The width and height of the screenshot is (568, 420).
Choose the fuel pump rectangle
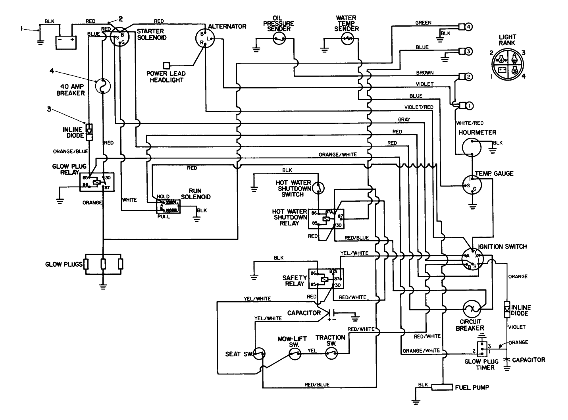pos(443,387)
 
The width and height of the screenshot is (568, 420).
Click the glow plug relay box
pos(97,182)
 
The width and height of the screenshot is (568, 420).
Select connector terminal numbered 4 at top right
pos(469,27)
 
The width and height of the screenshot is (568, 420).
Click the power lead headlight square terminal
pos(167,65)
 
